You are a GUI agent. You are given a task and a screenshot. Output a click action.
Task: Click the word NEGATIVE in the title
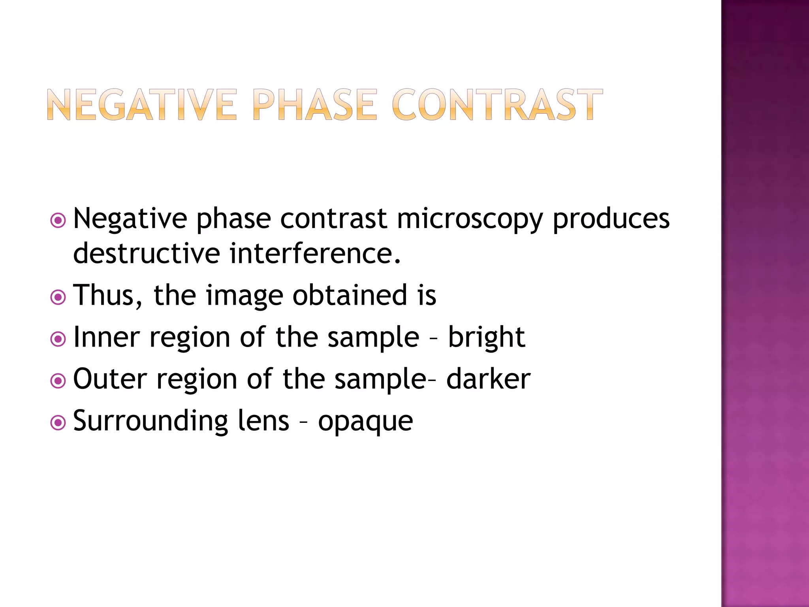(142, 104)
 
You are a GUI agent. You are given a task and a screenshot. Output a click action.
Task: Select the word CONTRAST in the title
(497, 104)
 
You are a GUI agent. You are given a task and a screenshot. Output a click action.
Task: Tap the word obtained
(350, 295)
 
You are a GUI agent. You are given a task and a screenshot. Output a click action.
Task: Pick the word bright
(486, 338)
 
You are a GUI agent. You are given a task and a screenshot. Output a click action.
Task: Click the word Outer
(110, 379)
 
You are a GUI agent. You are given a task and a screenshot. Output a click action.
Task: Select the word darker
(488, 379)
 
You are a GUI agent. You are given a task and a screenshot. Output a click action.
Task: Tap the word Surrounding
(151, 422)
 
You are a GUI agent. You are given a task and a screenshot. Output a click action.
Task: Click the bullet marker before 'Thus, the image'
(58, 297)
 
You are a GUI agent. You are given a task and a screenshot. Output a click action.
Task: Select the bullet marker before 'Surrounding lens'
(58, 423)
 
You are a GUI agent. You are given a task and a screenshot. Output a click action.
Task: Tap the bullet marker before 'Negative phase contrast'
(58, 221)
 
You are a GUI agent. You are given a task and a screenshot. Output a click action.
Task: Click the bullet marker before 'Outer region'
(58, 381)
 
